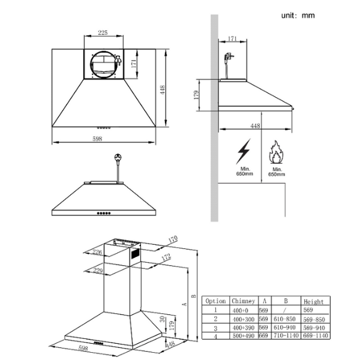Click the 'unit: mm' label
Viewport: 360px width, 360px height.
point(298,15)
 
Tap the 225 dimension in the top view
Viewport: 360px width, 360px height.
point(103,33)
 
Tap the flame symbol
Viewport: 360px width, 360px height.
point(277,153)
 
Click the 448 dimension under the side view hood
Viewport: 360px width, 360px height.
point(256,126)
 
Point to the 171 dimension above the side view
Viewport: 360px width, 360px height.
point(233,39)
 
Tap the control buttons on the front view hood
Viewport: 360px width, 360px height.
point(104,213)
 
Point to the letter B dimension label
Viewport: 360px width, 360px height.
point(193,295)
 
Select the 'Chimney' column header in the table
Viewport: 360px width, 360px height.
point(243,301)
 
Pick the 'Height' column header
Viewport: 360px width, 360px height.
point(313,301)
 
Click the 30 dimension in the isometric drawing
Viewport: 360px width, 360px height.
point(161,318)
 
